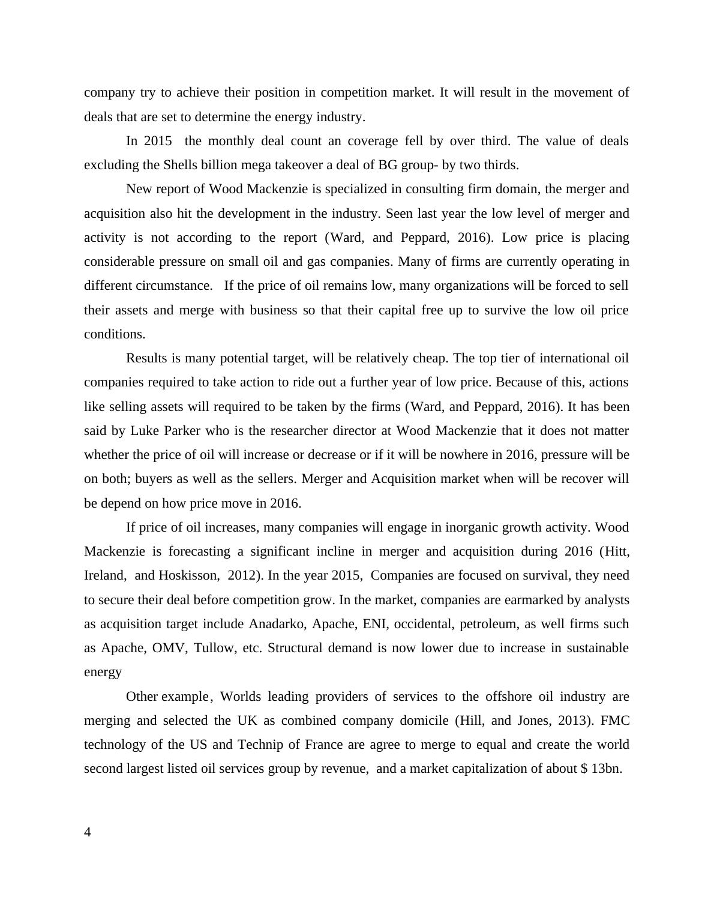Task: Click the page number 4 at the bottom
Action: [x=88, y=832]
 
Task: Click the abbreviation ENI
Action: [x=374, y=624]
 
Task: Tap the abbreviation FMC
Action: [x=615, y=721]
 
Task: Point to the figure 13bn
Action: [x=606, y=769]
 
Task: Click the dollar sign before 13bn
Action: [x=584, y=769]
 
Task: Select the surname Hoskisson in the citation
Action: [x=188, y=575]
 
